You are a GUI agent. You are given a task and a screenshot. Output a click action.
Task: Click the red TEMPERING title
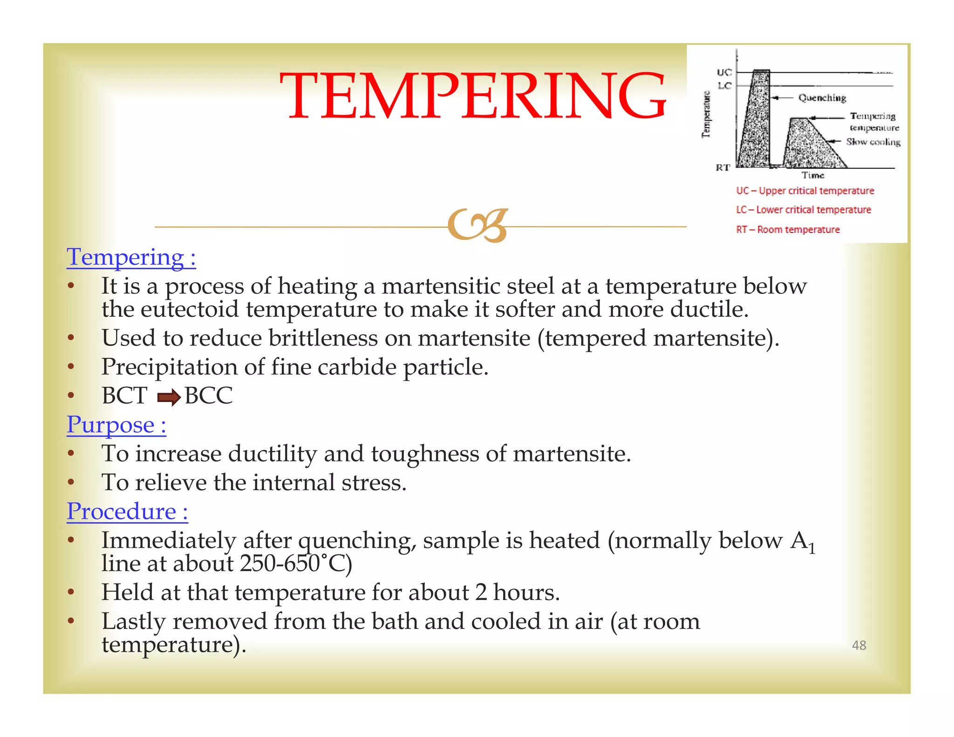[472, 96]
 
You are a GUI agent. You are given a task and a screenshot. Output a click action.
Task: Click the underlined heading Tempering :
[131, 257]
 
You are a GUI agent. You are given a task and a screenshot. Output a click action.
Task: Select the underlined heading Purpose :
[116, 425]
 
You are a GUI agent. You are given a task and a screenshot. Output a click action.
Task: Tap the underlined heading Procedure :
[127, 512]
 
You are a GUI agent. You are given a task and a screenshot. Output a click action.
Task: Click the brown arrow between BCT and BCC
[169, 397]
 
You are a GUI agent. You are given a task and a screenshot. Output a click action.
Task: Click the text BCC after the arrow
[208, 396]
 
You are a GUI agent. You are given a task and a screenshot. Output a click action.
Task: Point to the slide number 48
[859, 645]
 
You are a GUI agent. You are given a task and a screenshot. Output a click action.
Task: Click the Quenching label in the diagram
[822, 98]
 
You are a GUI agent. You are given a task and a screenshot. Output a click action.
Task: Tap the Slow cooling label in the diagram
[873, 142]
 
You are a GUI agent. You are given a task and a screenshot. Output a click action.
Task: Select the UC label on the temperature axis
[724, 72]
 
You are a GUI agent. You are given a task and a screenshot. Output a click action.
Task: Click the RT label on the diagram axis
[722, 168]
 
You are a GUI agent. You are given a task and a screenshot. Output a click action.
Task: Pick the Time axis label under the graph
[813, 176]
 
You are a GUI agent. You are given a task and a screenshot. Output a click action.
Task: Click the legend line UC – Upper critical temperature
[804, 191]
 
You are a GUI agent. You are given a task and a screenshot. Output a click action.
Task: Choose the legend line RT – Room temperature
[788, 230]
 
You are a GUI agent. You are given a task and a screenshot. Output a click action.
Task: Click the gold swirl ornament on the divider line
[477, 225]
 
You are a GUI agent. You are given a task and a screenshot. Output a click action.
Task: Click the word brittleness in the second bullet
[323, 338]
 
